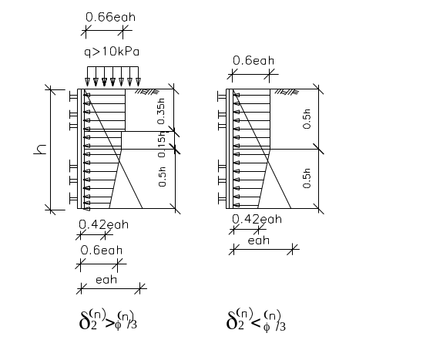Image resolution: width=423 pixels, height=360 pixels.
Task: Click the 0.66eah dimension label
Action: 110,17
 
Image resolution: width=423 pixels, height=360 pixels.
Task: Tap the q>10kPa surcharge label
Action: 112,52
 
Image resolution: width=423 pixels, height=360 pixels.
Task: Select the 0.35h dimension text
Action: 161,111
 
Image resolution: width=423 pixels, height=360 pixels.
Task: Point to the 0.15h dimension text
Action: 161,144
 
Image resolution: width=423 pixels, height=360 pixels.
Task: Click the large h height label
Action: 40,150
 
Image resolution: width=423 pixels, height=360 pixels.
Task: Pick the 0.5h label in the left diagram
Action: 162,177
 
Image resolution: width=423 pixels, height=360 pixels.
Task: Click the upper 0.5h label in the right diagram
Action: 307,119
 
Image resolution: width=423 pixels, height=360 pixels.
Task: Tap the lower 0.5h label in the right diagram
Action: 307,178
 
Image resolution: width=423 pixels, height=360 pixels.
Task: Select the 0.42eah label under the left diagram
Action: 103,224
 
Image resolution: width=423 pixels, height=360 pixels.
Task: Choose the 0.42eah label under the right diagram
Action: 257,219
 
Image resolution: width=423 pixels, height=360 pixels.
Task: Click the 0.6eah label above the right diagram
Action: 253,60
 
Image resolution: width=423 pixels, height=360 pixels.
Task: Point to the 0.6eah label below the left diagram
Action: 101,251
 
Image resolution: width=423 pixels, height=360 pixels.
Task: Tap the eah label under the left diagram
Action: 106,280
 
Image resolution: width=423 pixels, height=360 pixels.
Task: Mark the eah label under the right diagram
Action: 258,241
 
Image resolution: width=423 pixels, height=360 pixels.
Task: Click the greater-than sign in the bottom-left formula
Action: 109,323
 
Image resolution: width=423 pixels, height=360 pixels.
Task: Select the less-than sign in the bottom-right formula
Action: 256,322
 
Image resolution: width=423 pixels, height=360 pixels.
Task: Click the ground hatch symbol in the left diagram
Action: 147,92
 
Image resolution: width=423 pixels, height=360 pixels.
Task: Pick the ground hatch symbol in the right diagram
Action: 287,92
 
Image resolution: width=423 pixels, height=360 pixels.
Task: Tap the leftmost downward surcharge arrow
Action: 87,76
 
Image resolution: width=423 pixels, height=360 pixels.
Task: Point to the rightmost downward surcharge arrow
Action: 138,76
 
